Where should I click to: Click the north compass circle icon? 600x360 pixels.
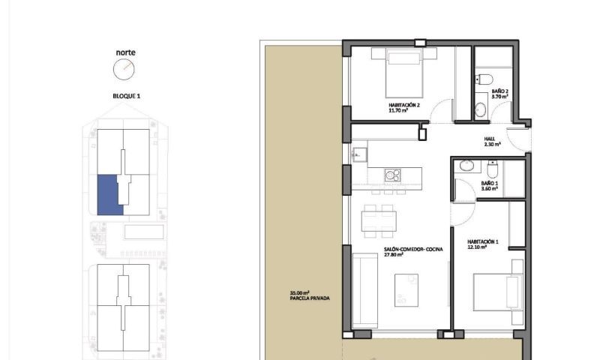(124, 70)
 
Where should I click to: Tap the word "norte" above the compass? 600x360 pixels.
(125, 52)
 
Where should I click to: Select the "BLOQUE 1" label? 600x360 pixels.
(126, 96)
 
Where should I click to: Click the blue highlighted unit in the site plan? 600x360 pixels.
(110, 194)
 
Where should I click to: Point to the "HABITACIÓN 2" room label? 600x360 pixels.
(403, 106)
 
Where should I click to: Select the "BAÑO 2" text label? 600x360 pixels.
(500, 92)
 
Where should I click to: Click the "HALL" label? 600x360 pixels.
(490, 139)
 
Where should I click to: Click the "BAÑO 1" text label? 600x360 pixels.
(490, 184)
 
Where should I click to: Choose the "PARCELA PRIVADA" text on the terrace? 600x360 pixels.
(309, 298)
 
